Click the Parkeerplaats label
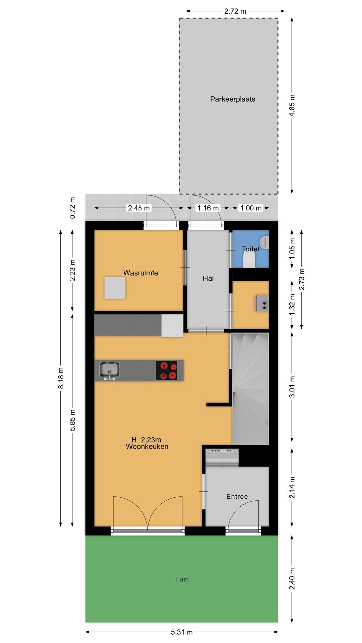coord(233,99)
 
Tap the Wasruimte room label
coord(140,273)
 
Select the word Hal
coord(208,278)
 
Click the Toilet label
coord(251,249)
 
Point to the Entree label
coord(237,497)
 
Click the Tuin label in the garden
coord(182,579)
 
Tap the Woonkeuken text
coord(147,446)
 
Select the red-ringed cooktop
coord(167,370)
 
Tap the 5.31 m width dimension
coord(182,632)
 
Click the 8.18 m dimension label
coord(61,378)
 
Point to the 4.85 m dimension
coord(292,105)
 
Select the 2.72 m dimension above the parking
coord(235,11)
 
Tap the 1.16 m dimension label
coord(208,208)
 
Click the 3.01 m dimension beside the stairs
coord(292,386)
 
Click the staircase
coord(250,388)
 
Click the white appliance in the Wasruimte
coord(115,288)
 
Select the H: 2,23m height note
coord(146,440)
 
